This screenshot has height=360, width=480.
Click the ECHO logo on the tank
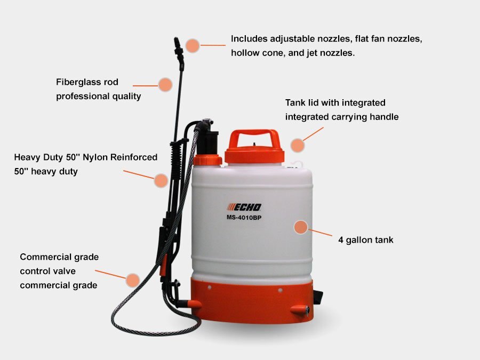[x=244, y=207]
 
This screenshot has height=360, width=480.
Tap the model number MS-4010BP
[x=244, y=218]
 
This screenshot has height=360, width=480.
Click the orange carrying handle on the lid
[x=254, y=139]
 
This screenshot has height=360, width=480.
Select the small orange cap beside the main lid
[x=207, y=160]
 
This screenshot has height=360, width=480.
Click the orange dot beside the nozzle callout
[x=193, y=46]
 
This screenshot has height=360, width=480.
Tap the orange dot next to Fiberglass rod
[x=165, y=85]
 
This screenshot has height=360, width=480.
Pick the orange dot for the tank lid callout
[x=298, y=145]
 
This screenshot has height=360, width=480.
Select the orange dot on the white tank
[x=301, y=227]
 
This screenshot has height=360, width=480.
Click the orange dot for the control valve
[x=133, y=280]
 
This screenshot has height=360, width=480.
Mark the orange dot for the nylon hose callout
[x=161, y=180]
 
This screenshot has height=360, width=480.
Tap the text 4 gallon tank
[x=365, y=240]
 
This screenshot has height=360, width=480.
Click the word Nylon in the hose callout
[x=95, y=157]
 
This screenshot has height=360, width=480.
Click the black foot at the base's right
[x=318, y=297]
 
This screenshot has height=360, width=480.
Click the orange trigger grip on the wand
[x=163, y=266]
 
